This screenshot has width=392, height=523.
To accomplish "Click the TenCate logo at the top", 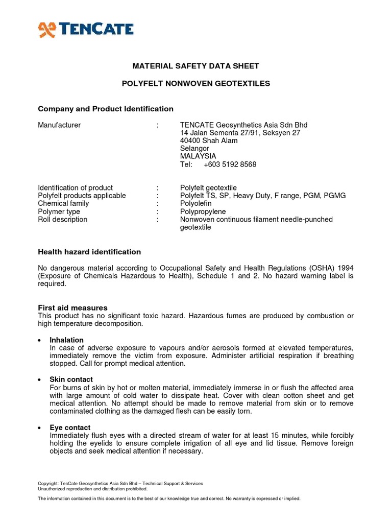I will (x=86, y=29).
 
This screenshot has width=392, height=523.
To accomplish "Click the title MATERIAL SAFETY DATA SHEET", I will (x=196, y=66).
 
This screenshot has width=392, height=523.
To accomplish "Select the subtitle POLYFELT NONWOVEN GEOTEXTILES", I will (x=196, y=83).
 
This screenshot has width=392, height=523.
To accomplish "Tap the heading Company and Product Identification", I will (x=106, y=109).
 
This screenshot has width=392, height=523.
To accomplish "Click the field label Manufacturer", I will (x=59, y=125).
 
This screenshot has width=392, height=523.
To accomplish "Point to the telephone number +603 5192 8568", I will (x=230, y=164).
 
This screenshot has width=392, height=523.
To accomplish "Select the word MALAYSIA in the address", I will (x=198, y=156).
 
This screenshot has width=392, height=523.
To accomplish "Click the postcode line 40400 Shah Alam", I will (x=209, y=140).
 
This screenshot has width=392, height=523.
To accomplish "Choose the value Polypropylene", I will (x=203, y=211).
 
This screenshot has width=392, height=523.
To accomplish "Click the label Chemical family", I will (x=63, y=203).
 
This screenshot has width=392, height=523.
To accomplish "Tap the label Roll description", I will (x=63, y=220).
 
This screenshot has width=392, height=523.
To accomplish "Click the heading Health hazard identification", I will (x=89, y=252).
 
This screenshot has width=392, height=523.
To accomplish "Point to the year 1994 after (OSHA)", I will (x=345, y=268).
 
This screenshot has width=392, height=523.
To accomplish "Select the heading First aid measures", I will (x=73, y=307).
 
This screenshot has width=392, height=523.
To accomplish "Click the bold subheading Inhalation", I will (x=66, y=340).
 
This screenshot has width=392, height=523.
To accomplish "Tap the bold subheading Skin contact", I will (x=71, y=379).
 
